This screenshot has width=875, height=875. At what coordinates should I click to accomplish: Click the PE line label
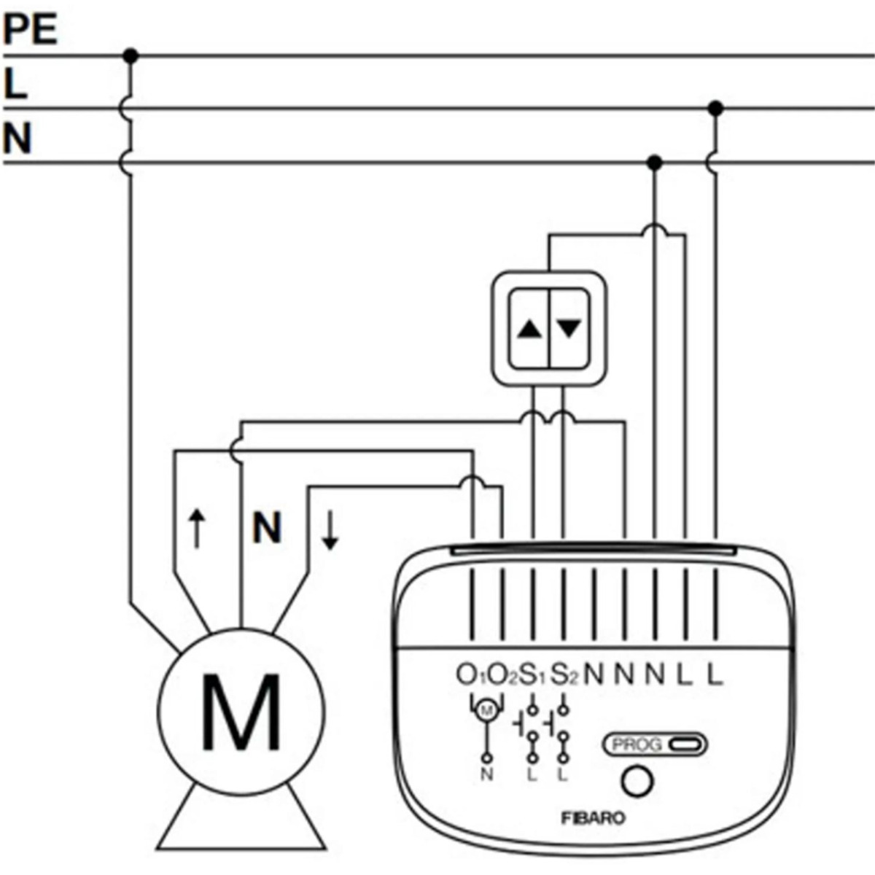click(30, 30)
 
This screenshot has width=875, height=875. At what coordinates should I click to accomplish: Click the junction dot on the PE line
click(131, 55)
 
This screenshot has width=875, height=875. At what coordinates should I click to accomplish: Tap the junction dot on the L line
click(716, 109)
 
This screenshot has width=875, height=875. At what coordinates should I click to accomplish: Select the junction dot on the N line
click(655, 162)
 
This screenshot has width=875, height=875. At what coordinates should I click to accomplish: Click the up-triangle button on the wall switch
click(529, 329)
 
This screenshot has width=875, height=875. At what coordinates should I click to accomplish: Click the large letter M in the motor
click(241, 712)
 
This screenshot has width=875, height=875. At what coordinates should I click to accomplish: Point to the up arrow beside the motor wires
click(195, 529)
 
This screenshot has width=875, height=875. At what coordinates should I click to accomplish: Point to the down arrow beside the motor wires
click(330, 530)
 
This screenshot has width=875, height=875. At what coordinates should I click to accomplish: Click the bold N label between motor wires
click(267, 527)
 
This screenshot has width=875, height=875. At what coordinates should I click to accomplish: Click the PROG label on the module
click(637, 744)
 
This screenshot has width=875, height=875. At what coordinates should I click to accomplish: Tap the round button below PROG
click(637, 782)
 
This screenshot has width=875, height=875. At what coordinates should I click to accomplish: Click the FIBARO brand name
click(593, 818)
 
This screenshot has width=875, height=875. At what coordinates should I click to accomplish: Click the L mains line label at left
click(15, 84)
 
